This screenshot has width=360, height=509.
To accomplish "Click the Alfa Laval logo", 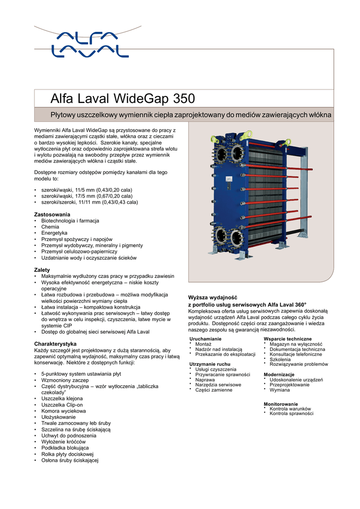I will coord(90,44).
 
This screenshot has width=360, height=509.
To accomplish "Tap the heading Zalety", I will coord(42,270).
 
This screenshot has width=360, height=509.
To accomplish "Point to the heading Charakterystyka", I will coord(55,343).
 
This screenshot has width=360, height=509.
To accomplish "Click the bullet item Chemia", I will coord(50,227).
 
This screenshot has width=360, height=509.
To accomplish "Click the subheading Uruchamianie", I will coord(205,339).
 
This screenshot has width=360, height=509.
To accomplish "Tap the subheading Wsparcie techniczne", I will coord(287,339).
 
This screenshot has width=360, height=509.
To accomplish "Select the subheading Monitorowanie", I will coord(281,404).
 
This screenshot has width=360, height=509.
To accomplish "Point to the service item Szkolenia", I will coord(280,359).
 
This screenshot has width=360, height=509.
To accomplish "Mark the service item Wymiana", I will coord(279,390).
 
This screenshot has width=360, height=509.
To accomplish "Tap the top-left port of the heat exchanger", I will coord(220,153).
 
